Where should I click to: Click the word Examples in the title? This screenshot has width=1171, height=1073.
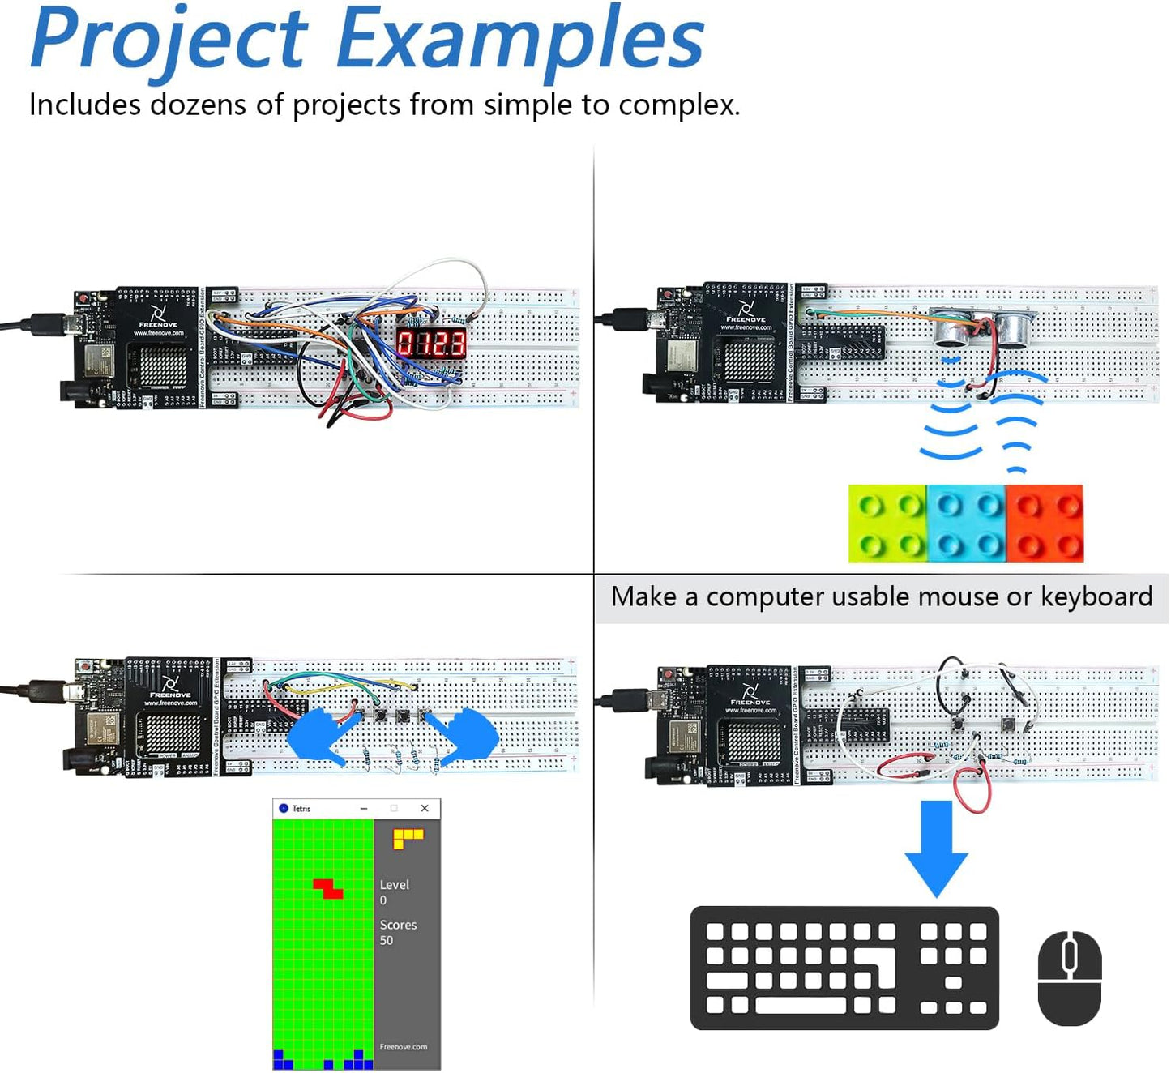(x=519, y=39)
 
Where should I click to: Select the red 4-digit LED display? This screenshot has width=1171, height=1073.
(x=431, y=344)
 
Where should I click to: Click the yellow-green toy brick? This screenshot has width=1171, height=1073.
(x=887, y=524)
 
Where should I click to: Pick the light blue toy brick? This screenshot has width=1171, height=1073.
(x=965, y=524)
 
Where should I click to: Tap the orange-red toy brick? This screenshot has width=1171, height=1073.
(x=1044, y=524)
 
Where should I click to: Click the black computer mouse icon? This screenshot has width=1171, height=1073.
(x=1069, y=977)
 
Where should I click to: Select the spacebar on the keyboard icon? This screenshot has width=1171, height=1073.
(x=800, y=1006)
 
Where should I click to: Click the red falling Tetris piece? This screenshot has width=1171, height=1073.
(x=328, y=887)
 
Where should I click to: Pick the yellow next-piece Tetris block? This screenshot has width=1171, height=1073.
(x=408, y=837)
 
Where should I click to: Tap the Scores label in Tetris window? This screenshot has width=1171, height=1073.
(x=398, y=925)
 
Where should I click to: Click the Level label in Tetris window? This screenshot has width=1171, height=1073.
(x=394, y=885)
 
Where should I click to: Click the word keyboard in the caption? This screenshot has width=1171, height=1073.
(x=1096, y=596)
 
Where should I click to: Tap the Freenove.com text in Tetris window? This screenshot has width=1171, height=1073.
(x=403, y=1046)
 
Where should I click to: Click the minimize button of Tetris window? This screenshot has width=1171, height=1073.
(x=364, y=808)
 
